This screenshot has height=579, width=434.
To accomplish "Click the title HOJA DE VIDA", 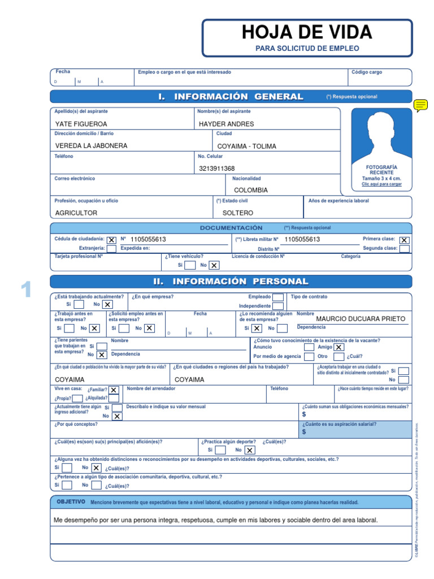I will pos(307,32).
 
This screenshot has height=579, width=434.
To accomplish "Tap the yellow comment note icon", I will pos(420,105).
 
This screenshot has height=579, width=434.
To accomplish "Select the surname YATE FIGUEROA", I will pos(81,124).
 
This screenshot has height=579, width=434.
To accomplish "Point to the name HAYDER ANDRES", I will pos(227,124).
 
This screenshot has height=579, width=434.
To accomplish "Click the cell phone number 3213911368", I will pos(217,168).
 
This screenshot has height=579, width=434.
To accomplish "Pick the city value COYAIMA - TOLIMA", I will pos(246,146).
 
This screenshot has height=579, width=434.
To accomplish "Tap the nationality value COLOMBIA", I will pos(251,191).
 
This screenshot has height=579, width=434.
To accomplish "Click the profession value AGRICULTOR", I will pos(76,213).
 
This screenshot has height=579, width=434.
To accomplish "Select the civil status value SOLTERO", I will pos(238,213).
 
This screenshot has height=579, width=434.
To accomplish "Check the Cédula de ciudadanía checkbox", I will pos(112,240).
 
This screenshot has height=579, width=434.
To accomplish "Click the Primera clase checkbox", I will pos(404,240).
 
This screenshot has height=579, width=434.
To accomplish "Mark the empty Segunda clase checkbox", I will pos(404,249).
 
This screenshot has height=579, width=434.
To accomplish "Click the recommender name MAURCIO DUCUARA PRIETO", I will pos(361,318).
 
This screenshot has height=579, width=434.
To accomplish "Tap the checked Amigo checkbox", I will pos(338,348).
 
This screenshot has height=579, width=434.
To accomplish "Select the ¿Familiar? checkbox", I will pos(114,390).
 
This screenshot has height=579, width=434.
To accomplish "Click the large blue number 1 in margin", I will pos(25,289).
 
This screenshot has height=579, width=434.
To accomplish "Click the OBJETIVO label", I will pos(71,502).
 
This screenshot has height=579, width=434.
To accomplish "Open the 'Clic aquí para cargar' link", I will pos(381,184).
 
